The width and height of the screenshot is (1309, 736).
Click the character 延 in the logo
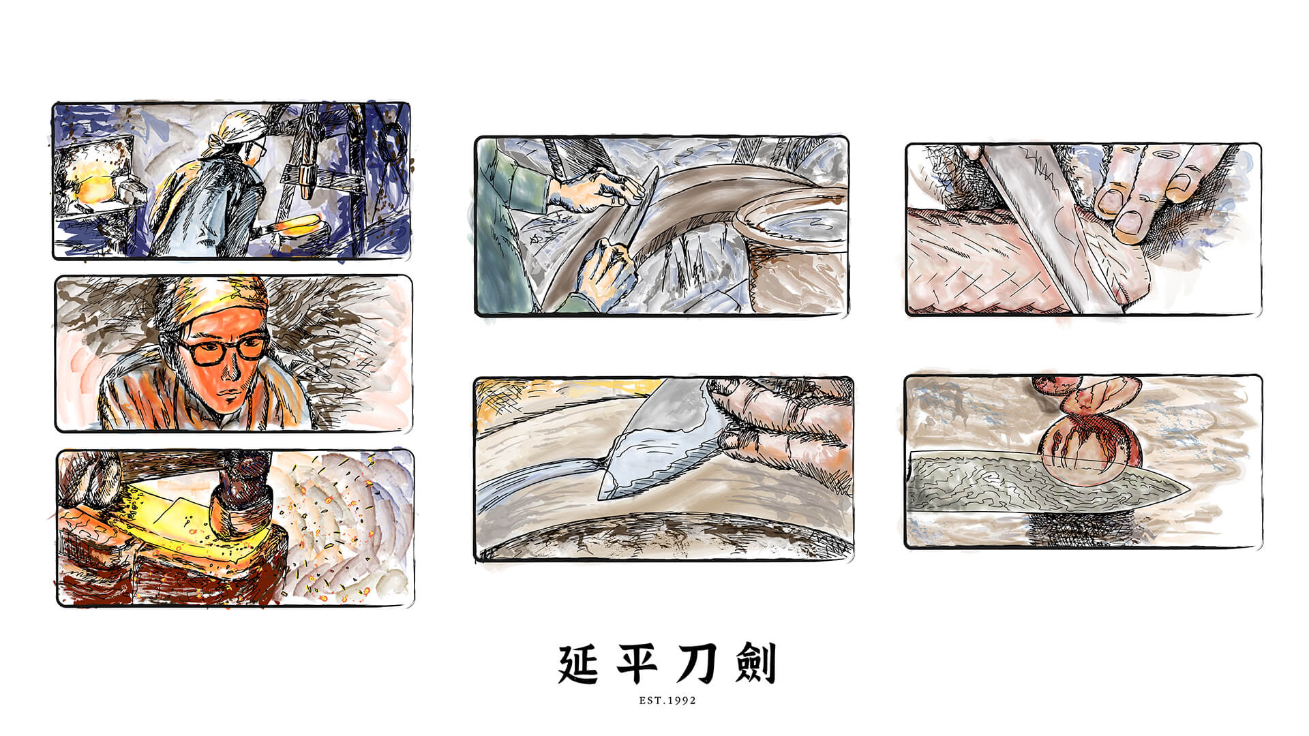click(x=579, y=664)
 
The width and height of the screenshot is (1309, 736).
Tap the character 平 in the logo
click(x=638, y=664)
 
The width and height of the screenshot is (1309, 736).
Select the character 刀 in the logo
click(x=697, y=664)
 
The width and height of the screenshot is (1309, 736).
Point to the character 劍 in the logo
click(x=755, y=664)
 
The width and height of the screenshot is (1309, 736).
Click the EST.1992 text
click(x=667, y=700)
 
